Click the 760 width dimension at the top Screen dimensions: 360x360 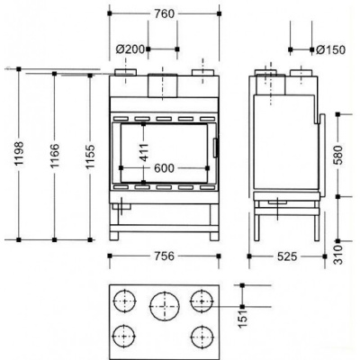click(165, 13)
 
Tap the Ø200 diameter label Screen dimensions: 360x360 click(130, 49)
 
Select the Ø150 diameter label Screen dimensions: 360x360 click(331, 49)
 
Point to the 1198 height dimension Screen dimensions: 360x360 click(19, 154)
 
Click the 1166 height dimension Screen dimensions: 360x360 click(55, 156)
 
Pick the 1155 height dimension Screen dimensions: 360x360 click(90, 157)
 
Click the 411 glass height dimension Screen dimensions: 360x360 click(144, 152)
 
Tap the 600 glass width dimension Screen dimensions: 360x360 click(164, 168)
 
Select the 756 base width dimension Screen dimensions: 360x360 click(164, 256)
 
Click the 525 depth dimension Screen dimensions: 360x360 click(287, 256)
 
